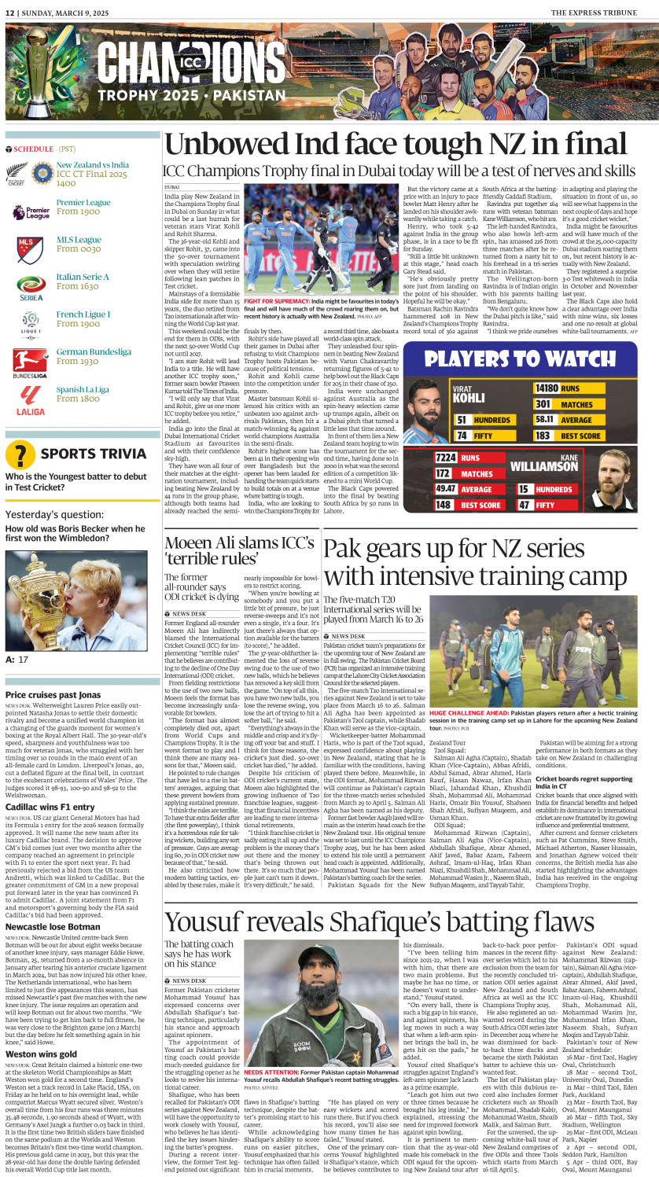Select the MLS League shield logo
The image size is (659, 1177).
click(x=30, y=250)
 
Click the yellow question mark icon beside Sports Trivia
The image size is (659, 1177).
click(x=20, y=454)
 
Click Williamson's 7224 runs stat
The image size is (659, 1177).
click(x=447, y=458)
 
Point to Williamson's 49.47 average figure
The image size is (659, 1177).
click(x=447, y=489)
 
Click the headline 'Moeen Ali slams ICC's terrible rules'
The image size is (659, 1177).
click(x=239, y=550)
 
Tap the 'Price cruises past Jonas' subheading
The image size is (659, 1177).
click(x=53, y=695)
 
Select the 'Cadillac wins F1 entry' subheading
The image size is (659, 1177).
click(x=50, y=807)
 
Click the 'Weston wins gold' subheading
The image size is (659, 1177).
click(x=41, y=1054)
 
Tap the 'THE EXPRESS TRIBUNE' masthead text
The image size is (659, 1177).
click(x=601, y=13)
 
